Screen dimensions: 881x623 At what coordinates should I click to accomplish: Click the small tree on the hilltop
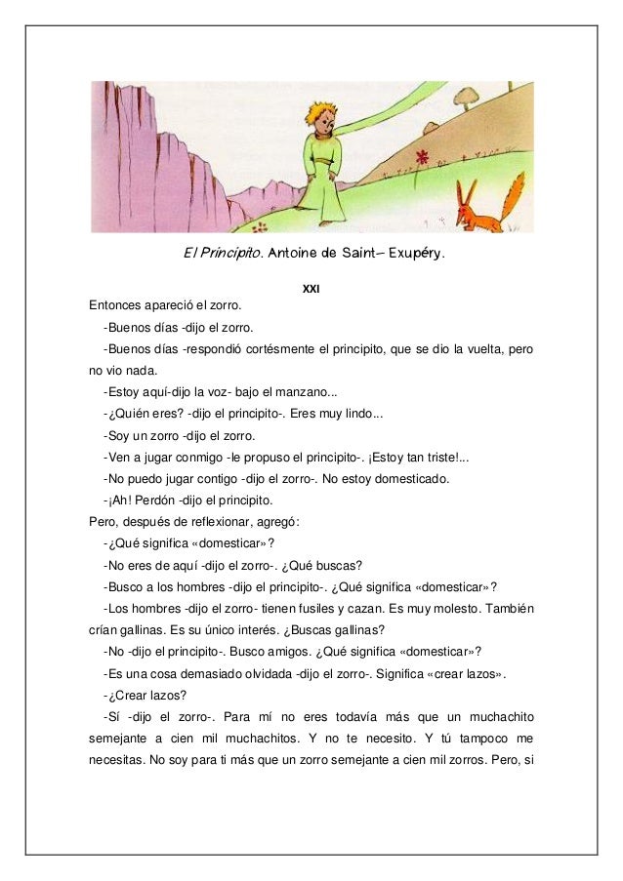(x=465, y=96)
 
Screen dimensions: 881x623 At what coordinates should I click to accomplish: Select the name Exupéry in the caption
(x=413, y=255)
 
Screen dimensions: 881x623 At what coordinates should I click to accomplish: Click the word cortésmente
(x=295, y=350)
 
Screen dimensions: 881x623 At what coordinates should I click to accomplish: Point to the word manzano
(x=301, y=393)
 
